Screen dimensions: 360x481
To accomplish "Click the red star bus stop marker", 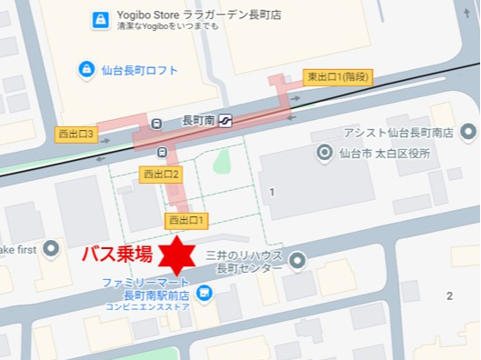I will tap(172, 255).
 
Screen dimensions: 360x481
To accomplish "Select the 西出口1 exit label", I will tap(187, 220).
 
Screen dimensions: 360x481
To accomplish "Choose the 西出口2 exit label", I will tap(162, 173).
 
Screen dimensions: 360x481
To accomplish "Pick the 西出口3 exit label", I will tap(76, 134).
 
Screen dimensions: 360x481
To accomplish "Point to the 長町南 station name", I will tap(197, 120).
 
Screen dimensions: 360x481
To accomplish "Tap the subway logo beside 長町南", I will tap(224, 119).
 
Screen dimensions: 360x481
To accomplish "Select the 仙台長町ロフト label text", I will tap(140, 70).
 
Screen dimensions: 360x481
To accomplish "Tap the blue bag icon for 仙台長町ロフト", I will tap(85, 69).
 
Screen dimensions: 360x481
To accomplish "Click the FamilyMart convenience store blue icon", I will tap(204, 292).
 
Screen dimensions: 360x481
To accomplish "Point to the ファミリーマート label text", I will tap(146, 282).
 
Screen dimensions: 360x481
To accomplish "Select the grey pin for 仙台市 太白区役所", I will tap(325, 153).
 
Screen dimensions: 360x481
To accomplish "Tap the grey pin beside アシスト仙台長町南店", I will tap(467, 133).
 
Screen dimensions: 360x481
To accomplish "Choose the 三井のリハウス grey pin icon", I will tap(297, 262).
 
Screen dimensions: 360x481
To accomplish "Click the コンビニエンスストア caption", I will tap(147, 307).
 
